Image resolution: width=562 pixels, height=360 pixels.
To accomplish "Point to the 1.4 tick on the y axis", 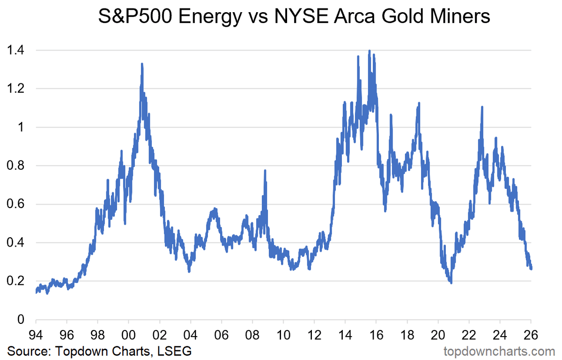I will (x=17, y=50).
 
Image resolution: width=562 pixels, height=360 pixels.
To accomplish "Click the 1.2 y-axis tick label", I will (x=17, y=89).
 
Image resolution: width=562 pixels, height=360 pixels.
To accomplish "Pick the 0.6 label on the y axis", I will (x=17, y=204).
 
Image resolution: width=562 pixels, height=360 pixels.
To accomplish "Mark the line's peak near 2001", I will (x=141, y=64).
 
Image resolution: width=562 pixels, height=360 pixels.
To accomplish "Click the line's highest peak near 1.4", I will (x=370, y=51).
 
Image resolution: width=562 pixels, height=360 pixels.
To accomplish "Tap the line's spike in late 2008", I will (x=265, y=171).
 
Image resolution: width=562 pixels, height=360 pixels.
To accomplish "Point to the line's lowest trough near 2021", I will (x=451, y=283).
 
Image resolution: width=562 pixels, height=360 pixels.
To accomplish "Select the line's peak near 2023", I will (x=482, y=107).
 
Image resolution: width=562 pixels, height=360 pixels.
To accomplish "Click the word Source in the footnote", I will (x=26, y=351).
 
